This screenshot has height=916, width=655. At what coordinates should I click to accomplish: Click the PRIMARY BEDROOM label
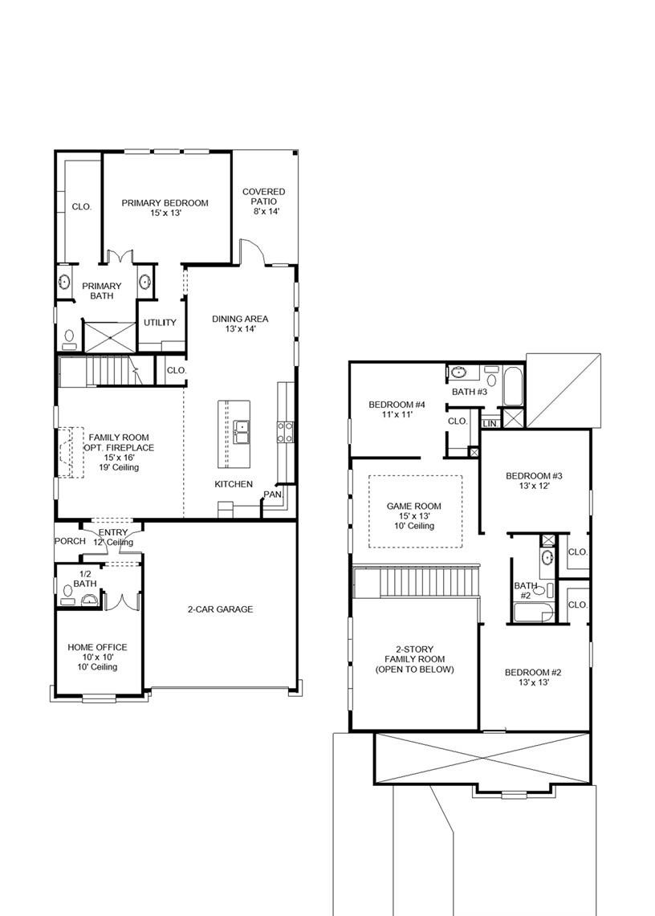165,203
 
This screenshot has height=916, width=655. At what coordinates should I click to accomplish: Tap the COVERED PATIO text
263,197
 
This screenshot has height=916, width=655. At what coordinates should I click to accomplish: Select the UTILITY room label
160,323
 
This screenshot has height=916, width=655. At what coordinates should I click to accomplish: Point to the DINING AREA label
240,319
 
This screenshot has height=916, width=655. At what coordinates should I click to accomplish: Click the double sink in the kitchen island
242,432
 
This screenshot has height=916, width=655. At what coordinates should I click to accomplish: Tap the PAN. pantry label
273,495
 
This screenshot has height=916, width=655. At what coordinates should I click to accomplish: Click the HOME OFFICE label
97,647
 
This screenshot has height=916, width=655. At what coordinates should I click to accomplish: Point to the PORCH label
70,541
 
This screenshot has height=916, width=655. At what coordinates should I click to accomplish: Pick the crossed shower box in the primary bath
107,336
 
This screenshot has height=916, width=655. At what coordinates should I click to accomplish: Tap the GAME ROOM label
414,506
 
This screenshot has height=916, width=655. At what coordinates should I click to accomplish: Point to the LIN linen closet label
489,423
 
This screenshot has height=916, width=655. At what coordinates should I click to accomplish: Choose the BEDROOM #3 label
534,476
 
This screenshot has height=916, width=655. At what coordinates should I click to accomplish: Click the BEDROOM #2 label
533,673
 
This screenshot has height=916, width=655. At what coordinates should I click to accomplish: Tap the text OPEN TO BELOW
414,670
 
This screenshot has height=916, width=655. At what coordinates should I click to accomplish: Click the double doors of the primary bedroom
120,257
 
